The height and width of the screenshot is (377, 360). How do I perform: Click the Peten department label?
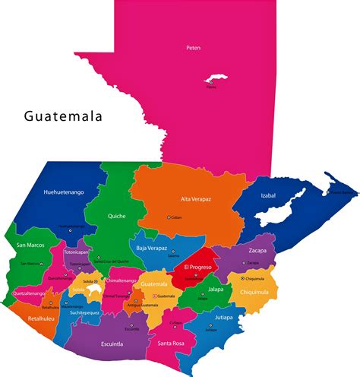[x=194, y=48]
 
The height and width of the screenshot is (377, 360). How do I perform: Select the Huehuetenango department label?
[x=64, y=192]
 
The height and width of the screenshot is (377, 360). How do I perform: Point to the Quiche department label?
[x=116, y=215]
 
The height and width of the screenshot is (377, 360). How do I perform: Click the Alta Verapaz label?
[x=195, y=199]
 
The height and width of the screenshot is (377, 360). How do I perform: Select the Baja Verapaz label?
[x=152, y=248]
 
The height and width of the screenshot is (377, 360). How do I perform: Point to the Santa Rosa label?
[x=172, y=344]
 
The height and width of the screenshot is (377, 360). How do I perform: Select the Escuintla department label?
[x=112, y=344]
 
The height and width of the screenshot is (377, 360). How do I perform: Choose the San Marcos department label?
[x=29, y=245]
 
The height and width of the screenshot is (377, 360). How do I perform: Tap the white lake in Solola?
[x=95, y=290]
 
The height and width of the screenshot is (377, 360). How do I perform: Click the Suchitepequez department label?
[x=85, y=312]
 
